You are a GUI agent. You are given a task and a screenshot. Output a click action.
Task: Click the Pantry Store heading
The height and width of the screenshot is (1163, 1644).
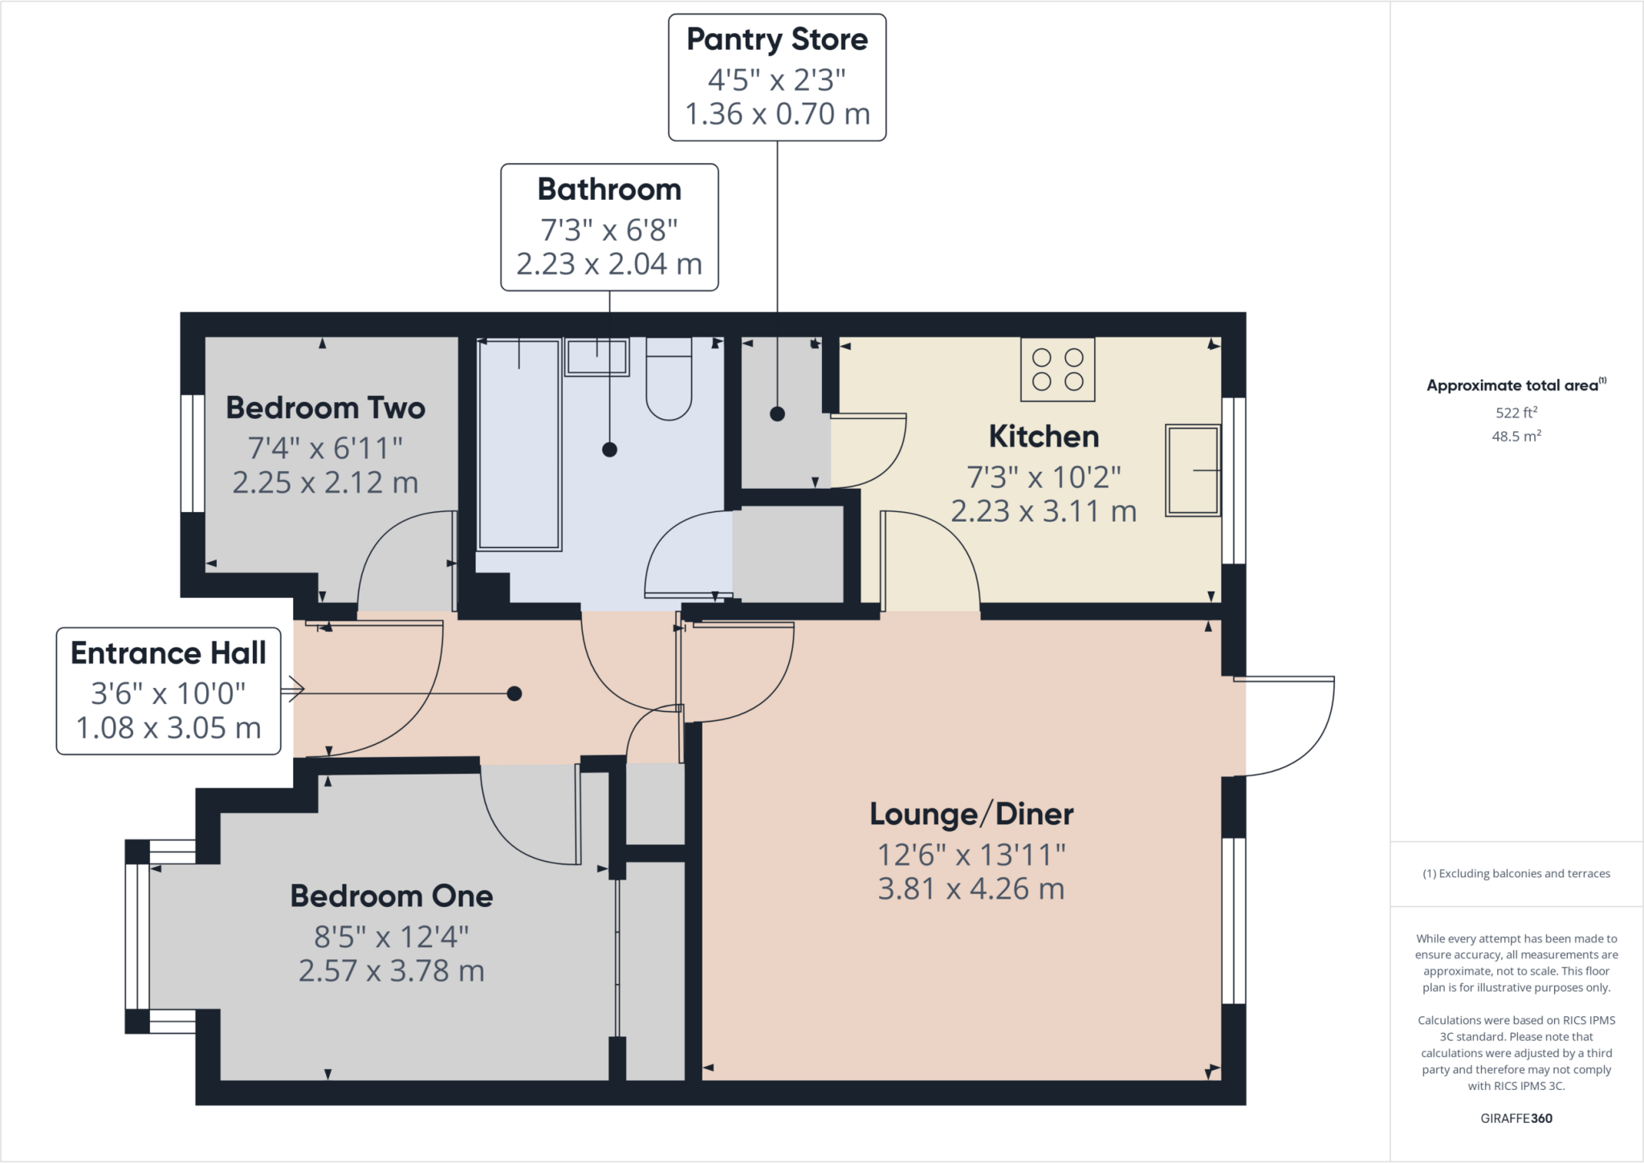[x=777, y=39]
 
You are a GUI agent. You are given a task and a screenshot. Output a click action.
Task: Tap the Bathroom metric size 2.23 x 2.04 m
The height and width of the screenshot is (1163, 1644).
[x=609, y=264]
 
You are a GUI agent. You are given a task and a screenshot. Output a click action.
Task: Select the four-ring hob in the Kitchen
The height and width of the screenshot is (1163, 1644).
[x=1057, y=369]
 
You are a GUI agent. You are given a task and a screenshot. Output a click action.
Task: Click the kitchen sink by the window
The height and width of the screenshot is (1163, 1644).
[x=1192, y=470]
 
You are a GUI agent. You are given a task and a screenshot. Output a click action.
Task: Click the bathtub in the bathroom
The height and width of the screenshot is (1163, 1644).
[x=519, y=444]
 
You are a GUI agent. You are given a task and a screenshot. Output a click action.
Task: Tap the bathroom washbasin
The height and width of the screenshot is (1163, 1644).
[x=596, y=357]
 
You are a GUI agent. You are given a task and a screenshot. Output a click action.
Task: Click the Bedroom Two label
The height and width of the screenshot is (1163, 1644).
[x=325, y=408]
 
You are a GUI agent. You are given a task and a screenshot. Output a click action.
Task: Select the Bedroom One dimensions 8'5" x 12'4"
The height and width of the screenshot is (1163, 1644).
[x=391, y=937]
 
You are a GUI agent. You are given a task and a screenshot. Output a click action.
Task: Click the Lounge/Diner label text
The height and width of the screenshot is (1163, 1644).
[x=971, y=815]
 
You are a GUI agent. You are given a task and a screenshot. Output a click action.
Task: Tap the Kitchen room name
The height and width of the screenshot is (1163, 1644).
[x=1044, y=437]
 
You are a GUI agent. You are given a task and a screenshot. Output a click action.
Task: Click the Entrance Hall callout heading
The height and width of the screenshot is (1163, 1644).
[x=169, y=653]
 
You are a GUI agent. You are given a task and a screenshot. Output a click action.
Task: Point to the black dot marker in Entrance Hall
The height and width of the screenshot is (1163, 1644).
[x=515, y=693]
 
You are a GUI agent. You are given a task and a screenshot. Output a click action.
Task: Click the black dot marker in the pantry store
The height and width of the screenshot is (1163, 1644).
[x=777, y=414]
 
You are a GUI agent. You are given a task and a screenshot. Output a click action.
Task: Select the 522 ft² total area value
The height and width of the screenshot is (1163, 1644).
[x=1516, y=413]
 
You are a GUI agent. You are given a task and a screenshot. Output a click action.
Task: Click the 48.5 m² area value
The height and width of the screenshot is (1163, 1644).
[x=1516, y=437]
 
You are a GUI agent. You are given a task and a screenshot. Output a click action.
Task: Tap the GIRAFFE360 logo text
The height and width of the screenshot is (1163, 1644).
[x=1516, y=1118]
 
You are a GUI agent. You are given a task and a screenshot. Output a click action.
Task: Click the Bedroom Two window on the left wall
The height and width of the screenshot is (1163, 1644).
[x=192, y=453]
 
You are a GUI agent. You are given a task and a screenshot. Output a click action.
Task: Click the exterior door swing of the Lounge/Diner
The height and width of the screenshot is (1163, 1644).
[x=1292, y=726]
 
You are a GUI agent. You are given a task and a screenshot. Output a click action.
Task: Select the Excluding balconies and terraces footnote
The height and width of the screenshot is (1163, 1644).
[x=1516, y=873]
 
